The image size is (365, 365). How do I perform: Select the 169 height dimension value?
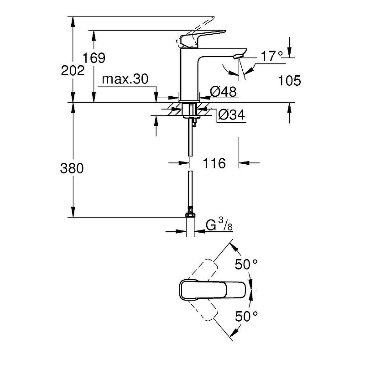(94, 58)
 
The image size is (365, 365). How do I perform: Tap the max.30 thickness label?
(125, 79)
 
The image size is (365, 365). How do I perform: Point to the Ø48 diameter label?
(223, 92)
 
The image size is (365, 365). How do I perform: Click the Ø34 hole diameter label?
(231, 115)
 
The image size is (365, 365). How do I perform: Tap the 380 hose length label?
(72, 168)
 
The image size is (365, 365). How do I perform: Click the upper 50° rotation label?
(246, 264)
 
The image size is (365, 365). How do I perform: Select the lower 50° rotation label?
(246, 316)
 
